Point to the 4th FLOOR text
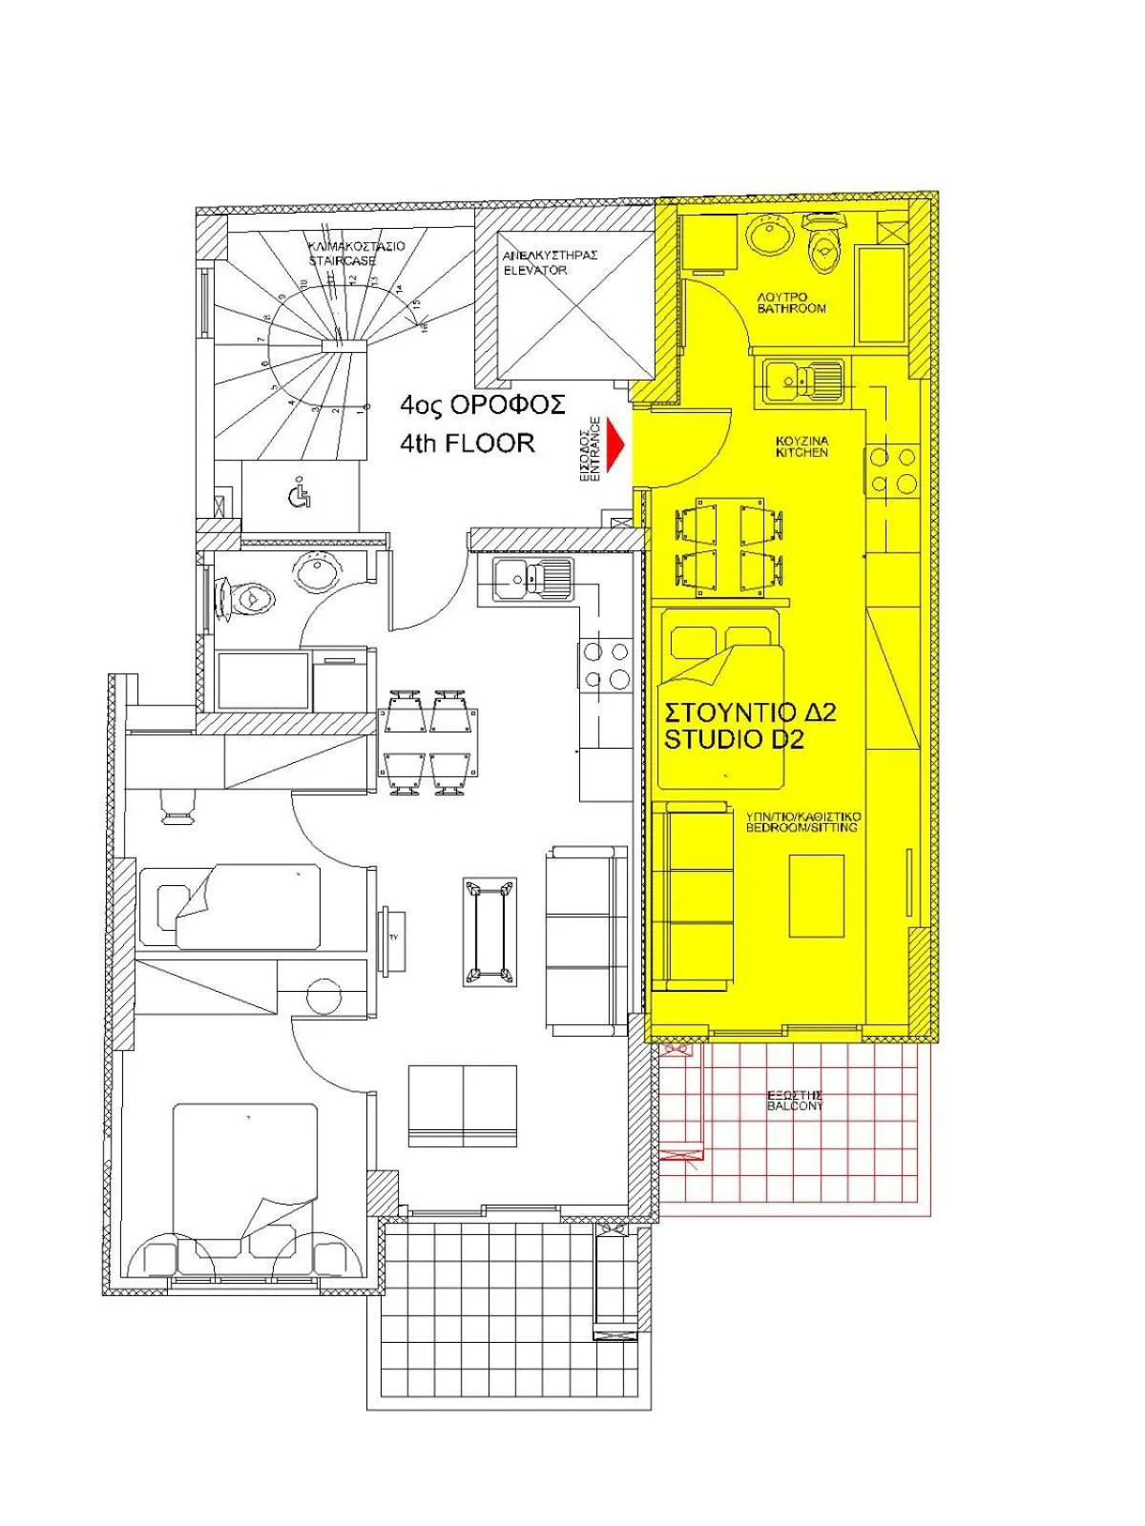[x=468, y=443]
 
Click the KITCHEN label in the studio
[x=801, y=446]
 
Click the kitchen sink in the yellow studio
[x=802, y=377]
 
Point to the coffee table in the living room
[x=488, y=932]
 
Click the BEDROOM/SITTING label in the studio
[x=801, y=822]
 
